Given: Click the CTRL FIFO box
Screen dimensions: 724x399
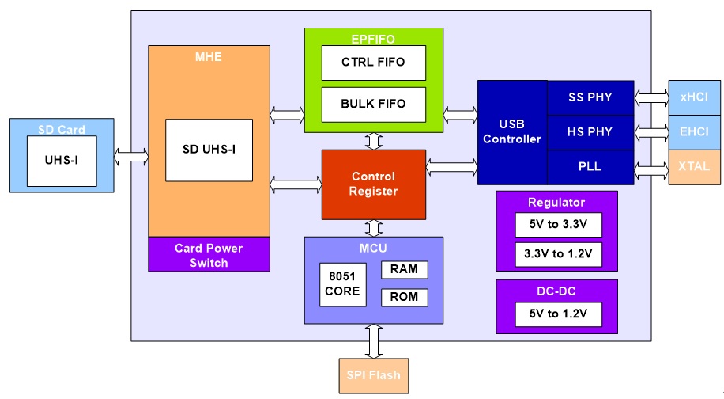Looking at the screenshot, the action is pos(374,63).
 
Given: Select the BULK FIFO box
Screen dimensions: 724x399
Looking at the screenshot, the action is pos(374,104).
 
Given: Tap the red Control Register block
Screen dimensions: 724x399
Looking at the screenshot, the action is pos(374,184).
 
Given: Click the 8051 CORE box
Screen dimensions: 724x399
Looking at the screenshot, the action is pos(342,285).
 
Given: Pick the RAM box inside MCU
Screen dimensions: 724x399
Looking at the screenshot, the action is pos(405,270).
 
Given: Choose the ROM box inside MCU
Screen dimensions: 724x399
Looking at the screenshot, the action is pos(405,298).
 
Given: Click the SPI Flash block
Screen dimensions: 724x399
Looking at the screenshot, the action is pos(374,376).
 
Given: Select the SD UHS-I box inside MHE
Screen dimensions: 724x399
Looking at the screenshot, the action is pos(209,150).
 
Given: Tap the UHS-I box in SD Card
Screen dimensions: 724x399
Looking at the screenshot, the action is pos(62,161).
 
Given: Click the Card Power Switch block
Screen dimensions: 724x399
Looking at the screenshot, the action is pos(209,254).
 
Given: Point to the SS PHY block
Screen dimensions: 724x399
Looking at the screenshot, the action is pos(590,98).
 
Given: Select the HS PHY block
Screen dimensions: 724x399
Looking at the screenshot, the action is pos(590,133).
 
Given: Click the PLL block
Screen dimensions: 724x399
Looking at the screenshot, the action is pos(590,167).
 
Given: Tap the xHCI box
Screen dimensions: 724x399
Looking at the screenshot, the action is pos(695,97).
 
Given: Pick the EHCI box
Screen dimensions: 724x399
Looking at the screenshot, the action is pos(695,132).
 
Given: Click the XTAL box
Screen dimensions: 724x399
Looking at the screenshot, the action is pos(695,167).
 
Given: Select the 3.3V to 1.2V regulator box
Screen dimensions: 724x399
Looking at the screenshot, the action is pos(559,255).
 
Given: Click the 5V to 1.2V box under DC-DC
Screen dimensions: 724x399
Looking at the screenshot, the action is pos(559,314).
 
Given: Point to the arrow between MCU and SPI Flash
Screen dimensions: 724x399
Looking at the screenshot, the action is pos(374,341).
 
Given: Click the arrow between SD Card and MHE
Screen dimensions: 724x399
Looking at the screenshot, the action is pos(131,157).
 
